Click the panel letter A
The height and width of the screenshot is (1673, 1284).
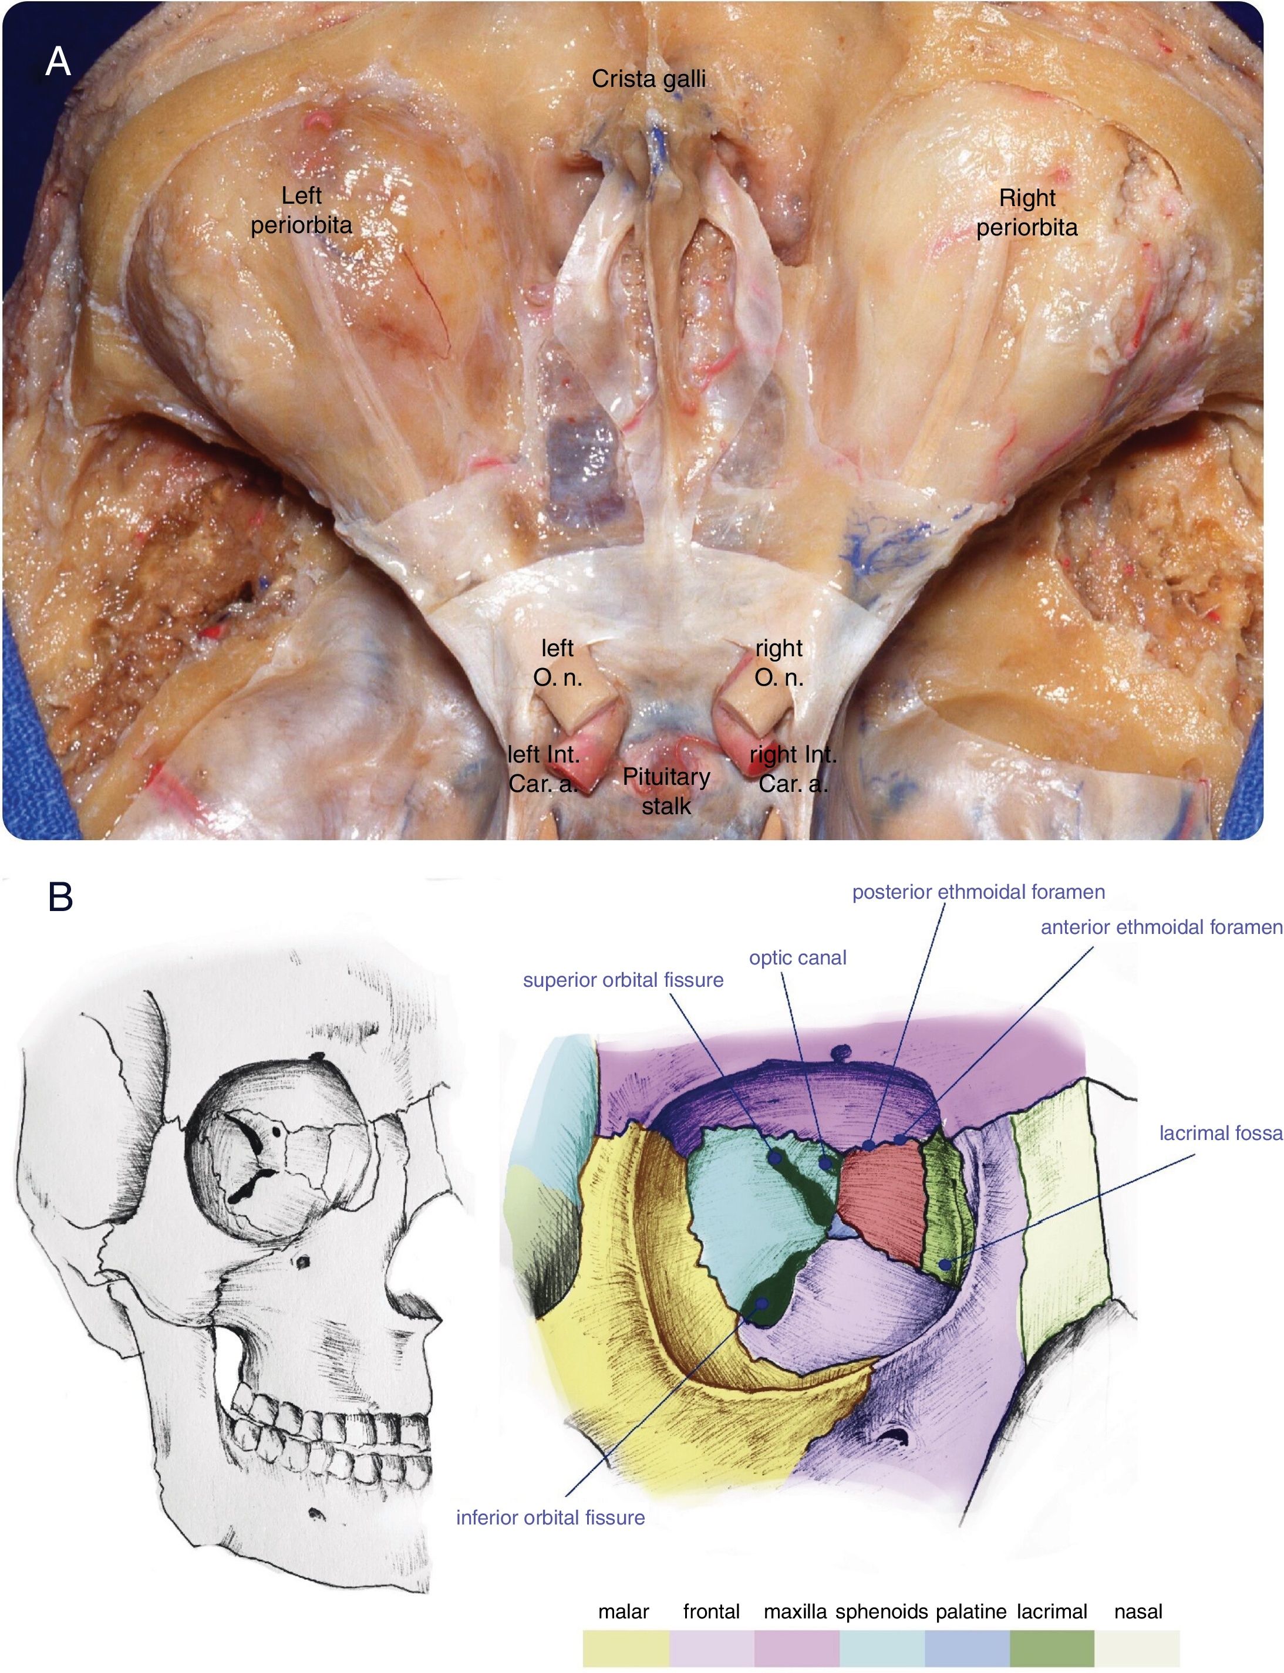click(x=58, y=61)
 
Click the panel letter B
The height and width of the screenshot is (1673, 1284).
click(x=60, y=896)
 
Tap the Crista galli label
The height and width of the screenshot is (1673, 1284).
click(x=648, y=79)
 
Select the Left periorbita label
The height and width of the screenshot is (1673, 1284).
click(x=301, y=210)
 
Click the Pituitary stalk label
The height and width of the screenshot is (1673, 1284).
click(x=666, y=791)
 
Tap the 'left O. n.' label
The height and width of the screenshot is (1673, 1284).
click(x=557, y=663)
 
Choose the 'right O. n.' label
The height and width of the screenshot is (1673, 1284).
click(x=779, y=663)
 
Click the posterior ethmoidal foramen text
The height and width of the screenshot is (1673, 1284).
click(x=978, y=892)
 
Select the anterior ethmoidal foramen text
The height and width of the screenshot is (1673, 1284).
click(x=1161, y=927)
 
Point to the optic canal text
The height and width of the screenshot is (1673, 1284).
click(x=797, y=957)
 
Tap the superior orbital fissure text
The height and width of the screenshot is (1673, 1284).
click(x=623, y=980)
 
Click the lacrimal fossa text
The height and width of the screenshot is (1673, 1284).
click(x=1221, y=1133)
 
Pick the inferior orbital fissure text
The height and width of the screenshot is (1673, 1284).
click(x=550, y=1517)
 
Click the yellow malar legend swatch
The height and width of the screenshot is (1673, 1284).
click(x=625, y=1648)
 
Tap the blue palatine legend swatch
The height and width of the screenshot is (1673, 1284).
click(x=967, y=1648)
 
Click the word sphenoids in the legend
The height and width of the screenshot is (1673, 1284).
click(x=881, y=1612)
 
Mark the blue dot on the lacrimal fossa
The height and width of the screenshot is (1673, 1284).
click(x=945, y=1265)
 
